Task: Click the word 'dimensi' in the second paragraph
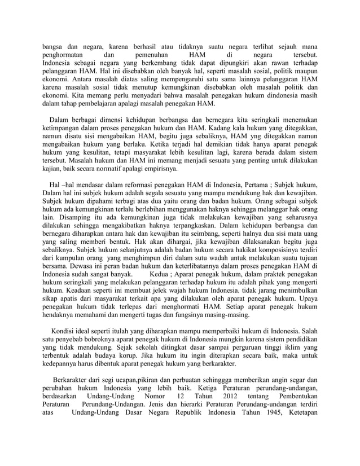(x=115, y=120)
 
